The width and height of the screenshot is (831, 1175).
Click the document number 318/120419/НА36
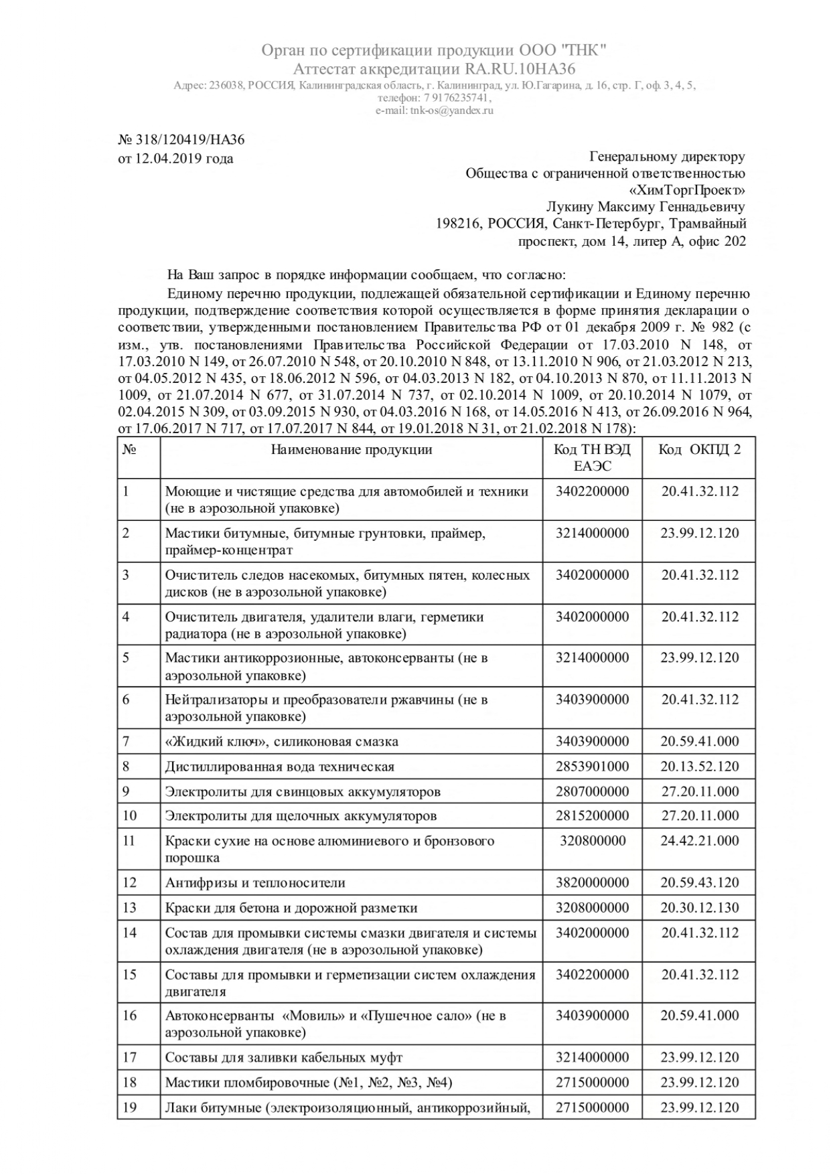coord(190,140)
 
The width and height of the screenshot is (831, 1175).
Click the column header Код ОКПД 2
coord(700,449)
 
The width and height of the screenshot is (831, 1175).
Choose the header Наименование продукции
coord(352,449)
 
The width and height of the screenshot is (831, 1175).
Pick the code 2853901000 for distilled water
coord(592,767)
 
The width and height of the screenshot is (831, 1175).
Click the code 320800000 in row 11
coord(592,841)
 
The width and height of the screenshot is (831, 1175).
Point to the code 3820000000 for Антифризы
coord(592,882)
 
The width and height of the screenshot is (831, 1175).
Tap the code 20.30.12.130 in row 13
coord(700,908)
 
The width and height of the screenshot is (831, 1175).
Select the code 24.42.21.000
coord(700,841)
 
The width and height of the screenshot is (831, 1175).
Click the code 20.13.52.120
coord(700,767)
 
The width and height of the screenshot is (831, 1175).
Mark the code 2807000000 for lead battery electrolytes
coord(592,791)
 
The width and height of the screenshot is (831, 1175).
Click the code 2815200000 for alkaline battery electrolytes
coord(592,815)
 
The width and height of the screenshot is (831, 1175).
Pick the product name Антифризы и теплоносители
coord(255,883)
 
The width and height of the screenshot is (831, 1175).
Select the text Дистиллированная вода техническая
coord(280,767)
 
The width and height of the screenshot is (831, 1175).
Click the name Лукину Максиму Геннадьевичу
coord(646,208)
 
